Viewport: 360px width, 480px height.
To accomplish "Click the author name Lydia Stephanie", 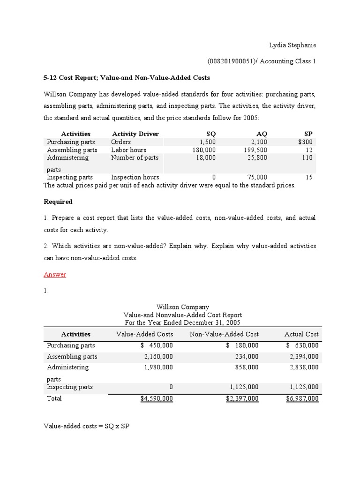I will click(292, 45).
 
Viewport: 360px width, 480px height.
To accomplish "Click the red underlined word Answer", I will click(55, 275).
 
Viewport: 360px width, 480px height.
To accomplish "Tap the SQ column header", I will click(211, 134).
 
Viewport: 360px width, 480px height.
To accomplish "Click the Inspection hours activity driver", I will click(135, 177).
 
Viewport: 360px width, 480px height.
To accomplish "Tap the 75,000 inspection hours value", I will click(257, 177).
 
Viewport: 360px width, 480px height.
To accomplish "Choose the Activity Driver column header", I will click(135, 134).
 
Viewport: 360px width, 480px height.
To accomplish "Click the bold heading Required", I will click(58, 202).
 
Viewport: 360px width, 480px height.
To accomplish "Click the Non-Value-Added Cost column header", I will click(224, 334).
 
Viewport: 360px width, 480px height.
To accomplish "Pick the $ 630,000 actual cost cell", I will click(302, 345).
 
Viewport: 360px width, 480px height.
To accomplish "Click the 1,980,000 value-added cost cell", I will click(159, 367).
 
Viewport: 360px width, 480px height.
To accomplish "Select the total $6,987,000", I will click(302, 398).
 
